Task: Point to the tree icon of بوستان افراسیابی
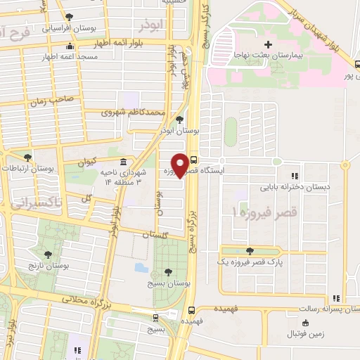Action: pyautogui.click(x=68, y=18)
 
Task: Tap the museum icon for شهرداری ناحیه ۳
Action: pyautogui.click(x=124, y=162)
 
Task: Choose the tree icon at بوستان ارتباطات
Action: pyautogui.click(x=27, y=157)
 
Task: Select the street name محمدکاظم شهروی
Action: pyautogui.click(x=134, y=112)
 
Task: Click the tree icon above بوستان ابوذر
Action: pyautogui.click(x=181, y=120)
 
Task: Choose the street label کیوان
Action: pyautogui.click(x=86, y=161)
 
